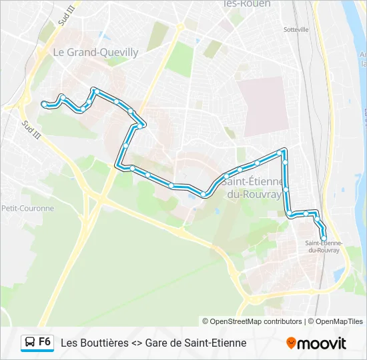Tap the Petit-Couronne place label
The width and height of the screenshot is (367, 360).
click(27, 208)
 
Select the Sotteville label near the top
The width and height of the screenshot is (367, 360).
click(296, 29)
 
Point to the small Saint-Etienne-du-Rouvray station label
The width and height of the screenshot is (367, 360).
click(323, 247)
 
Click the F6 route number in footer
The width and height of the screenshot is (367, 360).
click(45, 342)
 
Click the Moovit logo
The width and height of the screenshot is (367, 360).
click(316, 343)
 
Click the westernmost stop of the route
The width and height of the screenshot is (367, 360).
click(45, 104)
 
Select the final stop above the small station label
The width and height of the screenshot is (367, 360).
click(324, 237)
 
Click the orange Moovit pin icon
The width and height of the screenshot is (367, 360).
click(291, 343)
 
